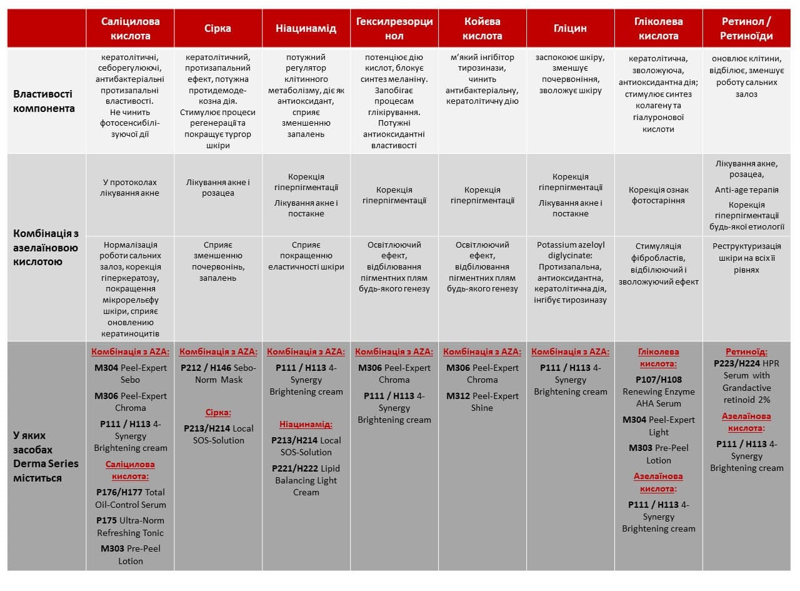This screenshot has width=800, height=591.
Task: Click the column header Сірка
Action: coord(217,28)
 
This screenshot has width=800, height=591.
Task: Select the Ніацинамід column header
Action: coord(306,28)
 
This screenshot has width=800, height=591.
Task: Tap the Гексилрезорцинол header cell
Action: coord(394,28)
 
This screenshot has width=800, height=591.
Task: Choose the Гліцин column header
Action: coord(570,28)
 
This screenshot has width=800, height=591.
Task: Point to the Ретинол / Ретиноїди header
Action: coord(746,28)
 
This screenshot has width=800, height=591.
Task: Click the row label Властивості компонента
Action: coord(44,101)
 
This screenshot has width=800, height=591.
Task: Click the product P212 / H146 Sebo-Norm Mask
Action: coord(217,373)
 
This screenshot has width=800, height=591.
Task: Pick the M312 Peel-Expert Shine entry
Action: coord(482,402)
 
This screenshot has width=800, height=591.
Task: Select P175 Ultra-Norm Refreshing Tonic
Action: coord(130,526)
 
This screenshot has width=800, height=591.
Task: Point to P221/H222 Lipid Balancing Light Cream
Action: coord(306,480)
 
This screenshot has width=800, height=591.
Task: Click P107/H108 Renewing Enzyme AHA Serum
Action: coord(658,391)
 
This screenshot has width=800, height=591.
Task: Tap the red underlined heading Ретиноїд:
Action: coord(746,352)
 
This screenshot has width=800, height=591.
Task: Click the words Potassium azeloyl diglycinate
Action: coord(570,251)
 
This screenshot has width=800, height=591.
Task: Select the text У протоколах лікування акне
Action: coord(130,188)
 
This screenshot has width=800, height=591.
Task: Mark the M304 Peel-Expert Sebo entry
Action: coord(130,373)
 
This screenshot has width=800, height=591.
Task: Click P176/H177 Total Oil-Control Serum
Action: coord(130,498)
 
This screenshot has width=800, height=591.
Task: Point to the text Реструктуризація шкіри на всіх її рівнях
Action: coord(746,258)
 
